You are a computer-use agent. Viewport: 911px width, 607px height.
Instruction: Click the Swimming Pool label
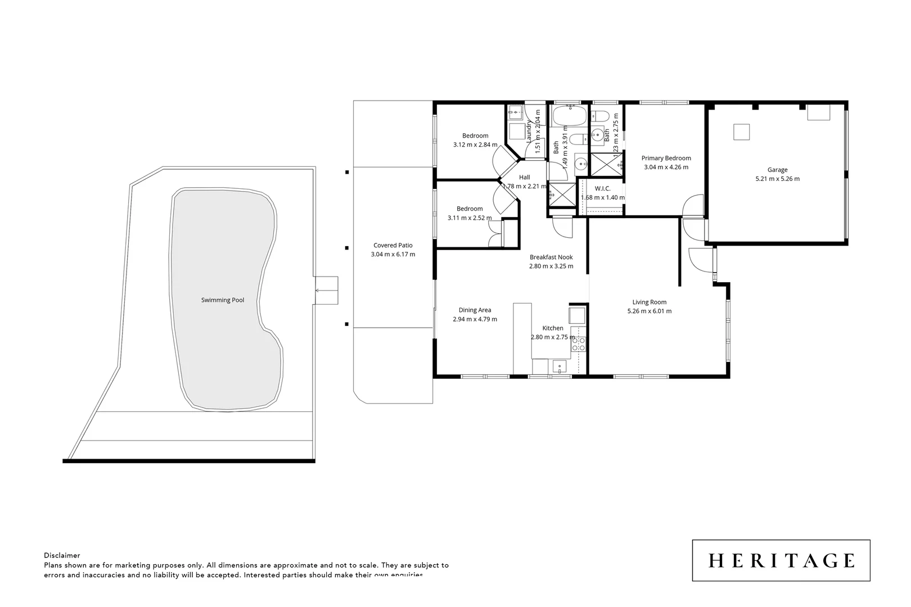223,300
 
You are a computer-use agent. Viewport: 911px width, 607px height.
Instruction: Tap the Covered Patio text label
393,245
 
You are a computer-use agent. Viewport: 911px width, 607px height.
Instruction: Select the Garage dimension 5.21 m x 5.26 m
777,179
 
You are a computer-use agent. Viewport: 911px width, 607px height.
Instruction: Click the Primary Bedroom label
666,158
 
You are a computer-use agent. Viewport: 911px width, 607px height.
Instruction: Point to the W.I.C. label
602,189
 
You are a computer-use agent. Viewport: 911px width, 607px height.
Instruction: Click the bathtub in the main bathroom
570,117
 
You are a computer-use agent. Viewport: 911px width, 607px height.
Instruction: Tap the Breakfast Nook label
551,257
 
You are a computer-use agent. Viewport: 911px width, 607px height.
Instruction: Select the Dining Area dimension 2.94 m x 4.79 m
475,319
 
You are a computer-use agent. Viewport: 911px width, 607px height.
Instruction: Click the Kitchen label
553,328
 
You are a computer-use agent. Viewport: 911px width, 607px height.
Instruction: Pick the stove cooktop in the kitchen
579,344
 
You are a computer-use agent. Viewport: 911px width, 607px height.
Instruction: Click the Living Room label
649,302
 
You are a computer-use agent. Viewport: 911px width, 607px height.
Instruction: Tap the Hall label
524,178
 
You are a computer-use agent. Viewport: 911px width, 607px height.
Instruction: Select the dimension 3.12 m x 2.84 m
475,144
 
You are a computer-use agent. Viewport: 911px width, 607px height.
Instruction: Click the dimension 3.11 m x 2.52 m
470,218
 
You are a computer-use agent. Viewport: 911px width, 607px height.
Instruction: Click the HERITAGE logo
781,560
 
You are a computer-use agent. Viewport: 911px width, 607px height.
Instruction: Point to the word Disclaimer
62,555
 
